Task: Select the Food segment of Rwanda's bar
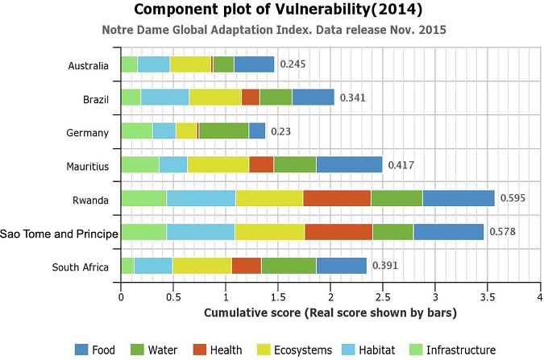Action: coord(458,198)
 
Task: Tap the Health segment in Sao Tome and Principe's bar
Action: coord(338,233)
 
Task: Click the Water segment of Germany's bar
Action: coord(223,130)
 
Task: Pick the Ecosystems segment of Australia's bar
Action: coord(190,64)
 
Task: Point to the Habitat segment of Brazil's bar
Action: coord(164,97)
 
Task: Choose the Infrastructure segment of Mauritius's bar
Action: coord(139,164)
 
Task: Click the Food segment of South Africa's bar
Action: coord(341,266)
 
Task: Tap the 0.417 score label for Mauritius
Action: coord(402,164)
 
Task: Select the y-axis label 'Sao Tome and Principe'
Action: coord(60,234)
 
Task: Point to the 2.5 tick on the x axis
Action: coord(382,296)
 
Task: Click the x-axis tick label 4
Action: coord(538,296)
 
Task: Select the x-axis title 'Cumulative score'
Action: coord(330,312)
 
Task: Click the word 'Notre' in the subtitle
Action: coord(118,31)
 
